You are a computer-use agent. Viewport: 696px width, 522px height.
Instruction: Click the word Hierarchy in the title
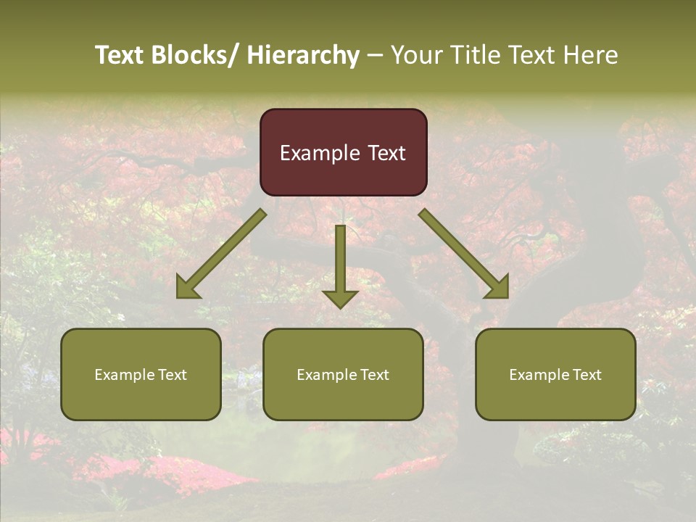(x=302, y=55)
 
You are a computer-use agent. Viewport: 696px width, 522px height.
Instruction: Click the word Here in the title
(x=591, y=55)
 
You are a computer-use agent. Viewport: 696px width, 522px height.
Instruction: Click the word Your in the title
(x=418, y=55)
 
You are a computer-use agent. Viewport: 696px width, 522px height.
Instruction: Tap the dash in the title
(x=375, y=55)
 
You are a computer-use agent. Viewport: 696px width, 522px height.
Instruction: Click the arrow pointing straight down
(x=340, y=265)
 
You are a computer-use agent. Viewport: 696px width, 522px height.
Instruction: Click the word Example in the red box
(x=320, y=153)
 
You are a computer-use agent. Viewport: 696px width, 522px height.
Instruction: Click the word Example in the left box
(x=125, y=375)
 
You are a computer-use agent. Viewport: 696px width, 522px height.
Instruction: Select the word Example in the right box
(x=539, y=375)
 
